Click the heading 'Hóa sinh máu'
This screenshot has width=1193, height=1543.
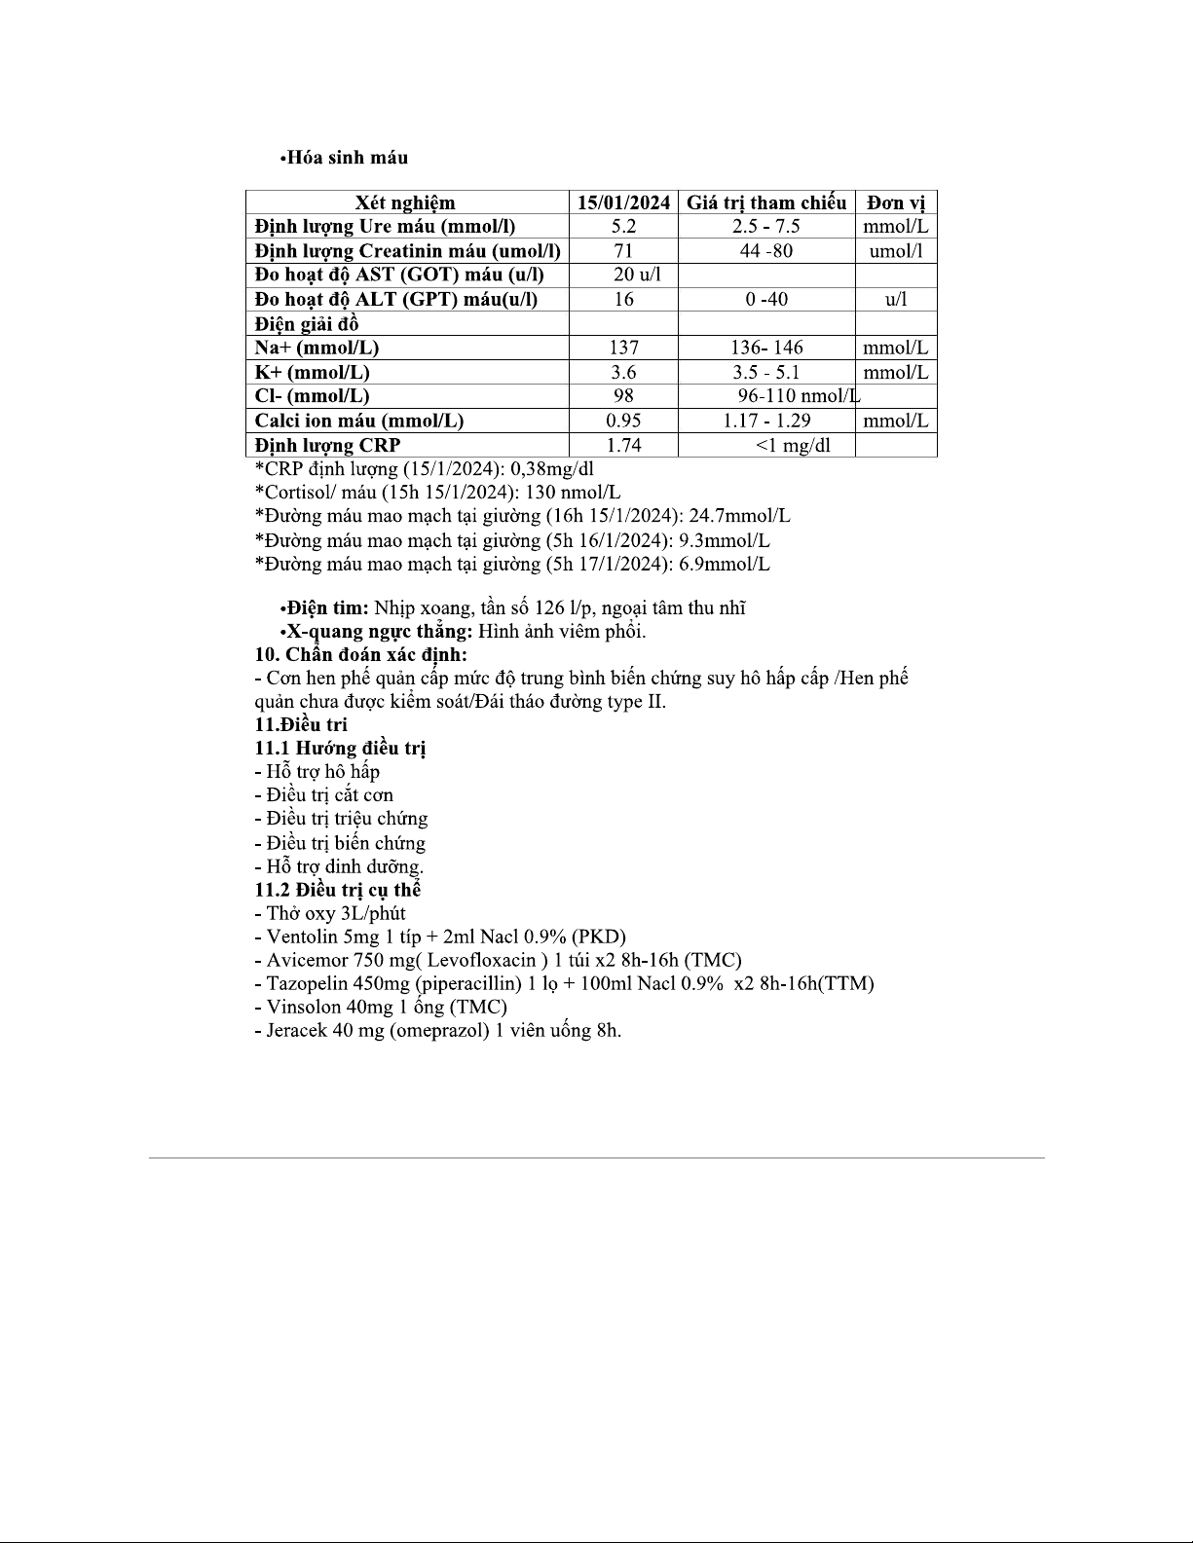pyautogui.click(x=347, y=158)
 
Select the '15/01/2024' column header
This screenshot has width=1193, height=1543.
pyautogui.click(x=623, y=202)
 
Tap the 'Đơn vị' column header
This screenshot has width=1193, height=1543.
pyautogui.click(x=896, y=202)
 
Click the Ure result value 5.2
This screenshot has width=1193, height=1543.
pyautogui.click(x=623, y=227)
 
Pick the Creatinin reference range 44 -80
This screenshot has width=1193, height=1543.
pyautogui.click(x=765, y=251)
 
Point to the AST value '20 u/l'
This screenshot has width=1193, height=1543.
pyautogui.click(x=637, y=275)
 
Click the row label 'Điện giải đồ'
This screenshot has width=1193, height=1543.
pyautogui.click(x=306, y=324)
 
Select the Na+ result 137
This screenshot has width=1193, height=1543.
pyautogui.click(x=623, y=348)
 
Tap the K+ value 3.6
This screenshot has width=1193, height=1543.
pyautogui.click(x=623, y=372)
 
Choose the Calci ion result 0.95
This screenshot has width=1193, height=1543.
pyautogui.click(x=623, y=421)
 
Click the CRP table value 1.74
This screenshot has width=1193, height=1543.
pyautogui.click(x=623, y=445)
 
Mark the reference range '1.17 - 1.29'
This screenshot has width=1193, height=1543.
pyautogui.click(x=766, y=421)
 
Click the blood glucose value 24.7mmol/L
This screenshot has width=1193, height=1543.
pyautogui.click(x=739, y=516)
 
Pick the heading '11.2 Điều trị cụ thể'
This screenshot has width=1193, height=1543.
pyautogui.click(x=337, y=890)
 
